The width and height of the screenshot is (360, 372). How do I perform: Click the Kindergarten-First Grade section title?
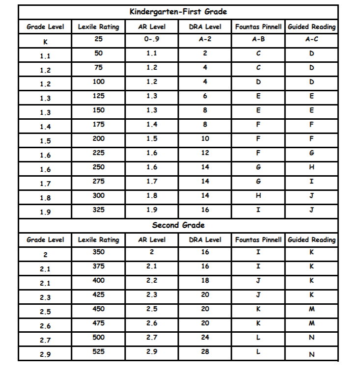[x=178, y=12]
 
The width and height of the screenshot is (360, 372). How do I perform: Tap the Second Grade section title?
[x=178, y=225]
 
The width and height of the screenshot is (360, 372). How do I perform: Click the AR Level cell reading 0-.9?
[x=152, y=39]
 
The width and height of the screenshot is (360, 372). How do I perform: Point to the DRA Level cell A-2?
[x=205, y=39]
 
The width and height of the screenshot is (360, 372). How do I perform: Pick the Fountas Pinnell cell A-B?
[x=258, y=39]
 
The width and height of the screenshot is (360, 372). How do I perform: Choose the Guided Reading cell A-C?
[x=311, y=40]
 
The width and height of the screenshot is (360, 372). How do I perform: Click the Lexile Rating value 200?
[x=99, y=139]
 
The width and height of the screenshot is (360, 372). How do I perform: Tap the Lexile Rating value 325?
[x=99, y=210]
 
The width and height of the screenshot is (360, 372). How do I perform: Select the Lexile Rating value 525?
[x=99, y=352]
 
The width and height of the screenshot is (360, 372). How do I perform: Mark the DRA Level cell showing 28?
[x=205, y=352]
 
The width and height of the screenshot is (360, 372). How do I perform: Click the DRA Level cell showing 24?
[x=205, y=338]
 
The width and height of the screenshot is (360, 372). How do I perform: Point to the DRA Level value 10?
[x=205, y=139]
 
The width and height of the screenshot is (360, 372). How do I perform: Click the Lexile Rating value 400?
[x=99, y=281]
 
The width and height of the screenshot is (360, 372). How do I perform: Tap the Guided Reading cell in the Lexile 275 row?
[x=311, y=182]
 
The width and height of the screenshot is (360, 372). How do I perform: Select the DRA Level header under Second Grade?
[x=205, y=240]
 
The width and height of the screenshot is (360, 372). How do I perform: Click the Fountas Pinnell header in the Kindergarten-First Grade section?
[x=258, y=27]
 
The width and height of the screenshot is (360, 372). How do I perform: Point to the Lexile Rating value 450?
[x=99, y=309]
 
